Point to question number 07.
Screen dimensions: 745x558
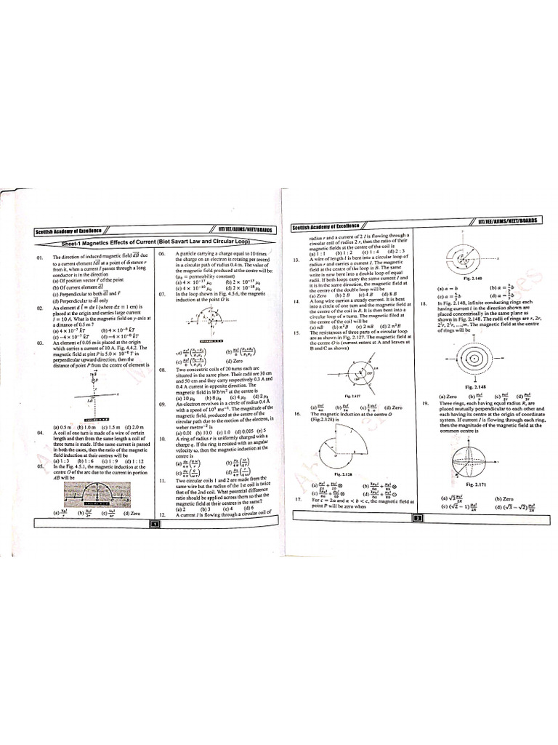162,294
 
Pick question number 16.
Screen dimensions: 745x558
297,412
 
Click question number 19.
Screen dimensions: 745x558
424,402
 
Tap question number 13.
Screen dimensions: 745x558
296,259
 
